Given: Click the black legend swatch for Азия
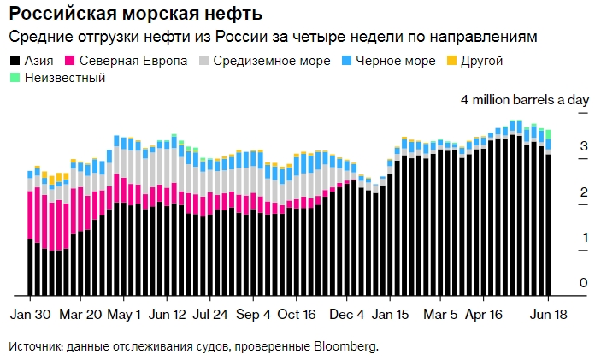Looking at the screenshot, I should (x=15, y=62).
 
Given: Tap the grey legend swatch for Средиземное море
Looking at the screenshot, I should (x=203, y=62).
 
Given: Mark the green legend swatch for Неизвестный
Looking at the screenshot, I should (x=15, y=78).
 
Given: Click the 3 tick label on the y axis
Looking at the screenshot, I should (x=584, y=147).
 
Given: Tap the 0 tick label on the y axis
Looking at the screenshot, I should (x=584, y=283).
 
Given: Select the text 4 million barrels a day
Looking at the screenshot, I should (x=524, y=100).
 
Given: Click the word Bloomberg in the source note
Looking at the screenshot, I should (x=345, y=347).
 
